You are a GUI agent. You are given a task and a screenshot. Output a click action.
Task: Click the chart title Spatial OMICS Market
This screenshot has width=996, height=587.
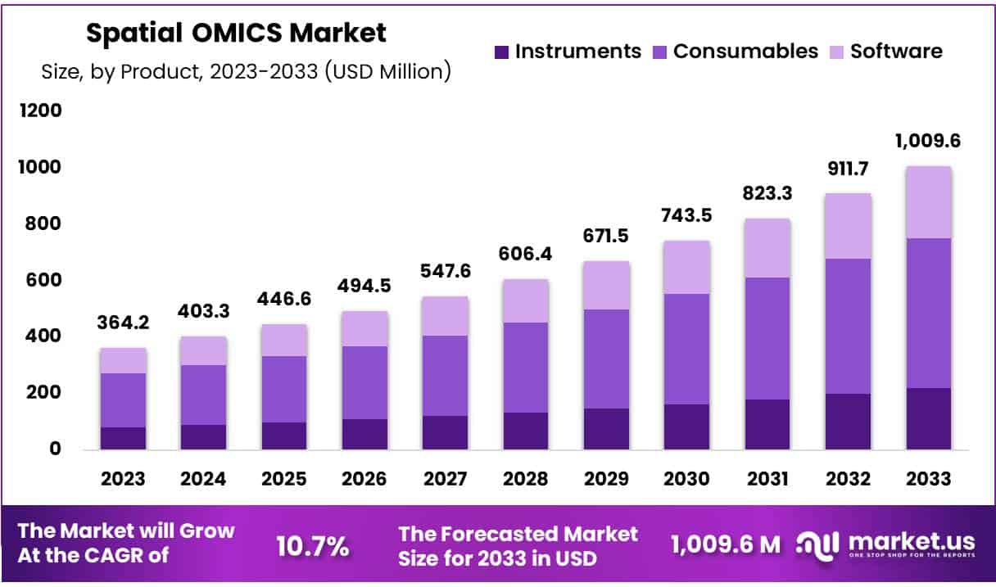[236, 34]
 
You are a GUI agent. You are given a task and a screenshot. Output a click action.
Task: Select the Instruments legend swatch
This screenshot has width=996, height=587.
[501, 52]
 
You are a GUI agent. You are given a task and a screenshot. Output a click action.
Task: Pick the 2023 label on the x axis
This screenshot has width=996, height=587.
[123, 479]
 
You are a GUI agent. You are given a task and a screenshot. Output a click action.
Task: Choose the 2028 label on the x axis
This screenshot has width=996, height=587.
[525, 479]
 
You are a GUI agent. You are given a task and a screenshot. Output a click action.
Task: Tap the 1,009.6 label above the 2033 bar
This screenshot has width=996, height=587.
[928, 140]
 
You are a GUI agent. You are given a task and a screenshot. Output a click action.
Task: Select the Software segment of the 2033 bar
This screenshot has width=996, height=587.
[928, 202]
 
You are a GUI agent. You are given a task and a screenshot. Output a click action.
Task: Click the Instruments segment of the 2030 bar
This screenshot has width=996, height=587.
[686, 427]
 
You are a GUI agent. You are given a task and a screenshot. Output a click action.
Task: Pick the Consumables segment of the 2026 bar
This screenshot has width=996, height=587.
[364, 382]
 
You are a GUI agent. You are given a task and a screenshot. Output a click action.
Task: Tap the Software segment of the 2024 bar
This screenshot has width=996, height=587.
[203, 350]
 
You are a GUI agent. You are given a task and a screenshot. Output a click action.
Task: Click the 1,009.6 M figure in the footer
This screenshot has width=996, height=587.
[725, 544]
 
